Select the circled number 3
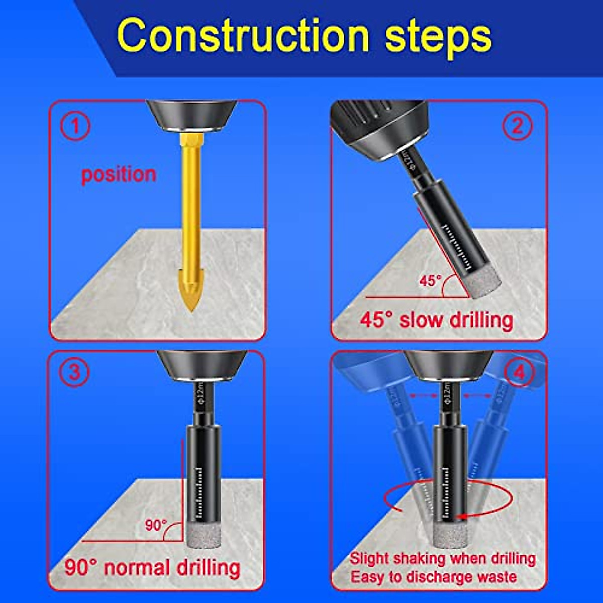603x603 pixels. (74, 373)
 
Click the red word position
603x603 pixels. (119, 174)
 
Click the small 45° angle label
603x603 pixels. (430, 281)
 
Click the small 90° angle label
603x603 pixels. (156, 526)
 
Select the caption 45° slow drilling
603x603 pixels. (436, 320)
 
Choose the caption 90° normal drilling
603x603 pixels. (152, 568)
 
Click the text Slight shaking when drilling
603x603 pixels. (442, 558)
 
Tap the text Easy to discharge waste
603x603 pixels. (433, 576)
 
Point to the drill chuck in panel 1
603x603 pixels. (191, 116)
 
